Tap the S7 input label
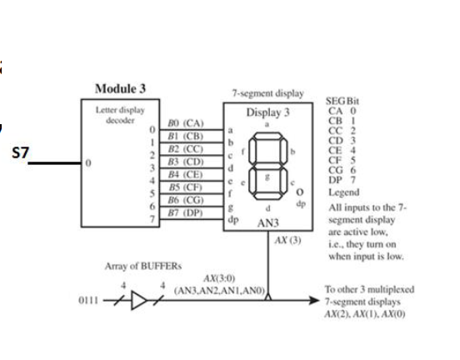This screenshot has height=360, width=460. click(20, 155)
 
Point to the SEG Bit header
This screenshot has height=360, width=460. click(338, 100)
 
